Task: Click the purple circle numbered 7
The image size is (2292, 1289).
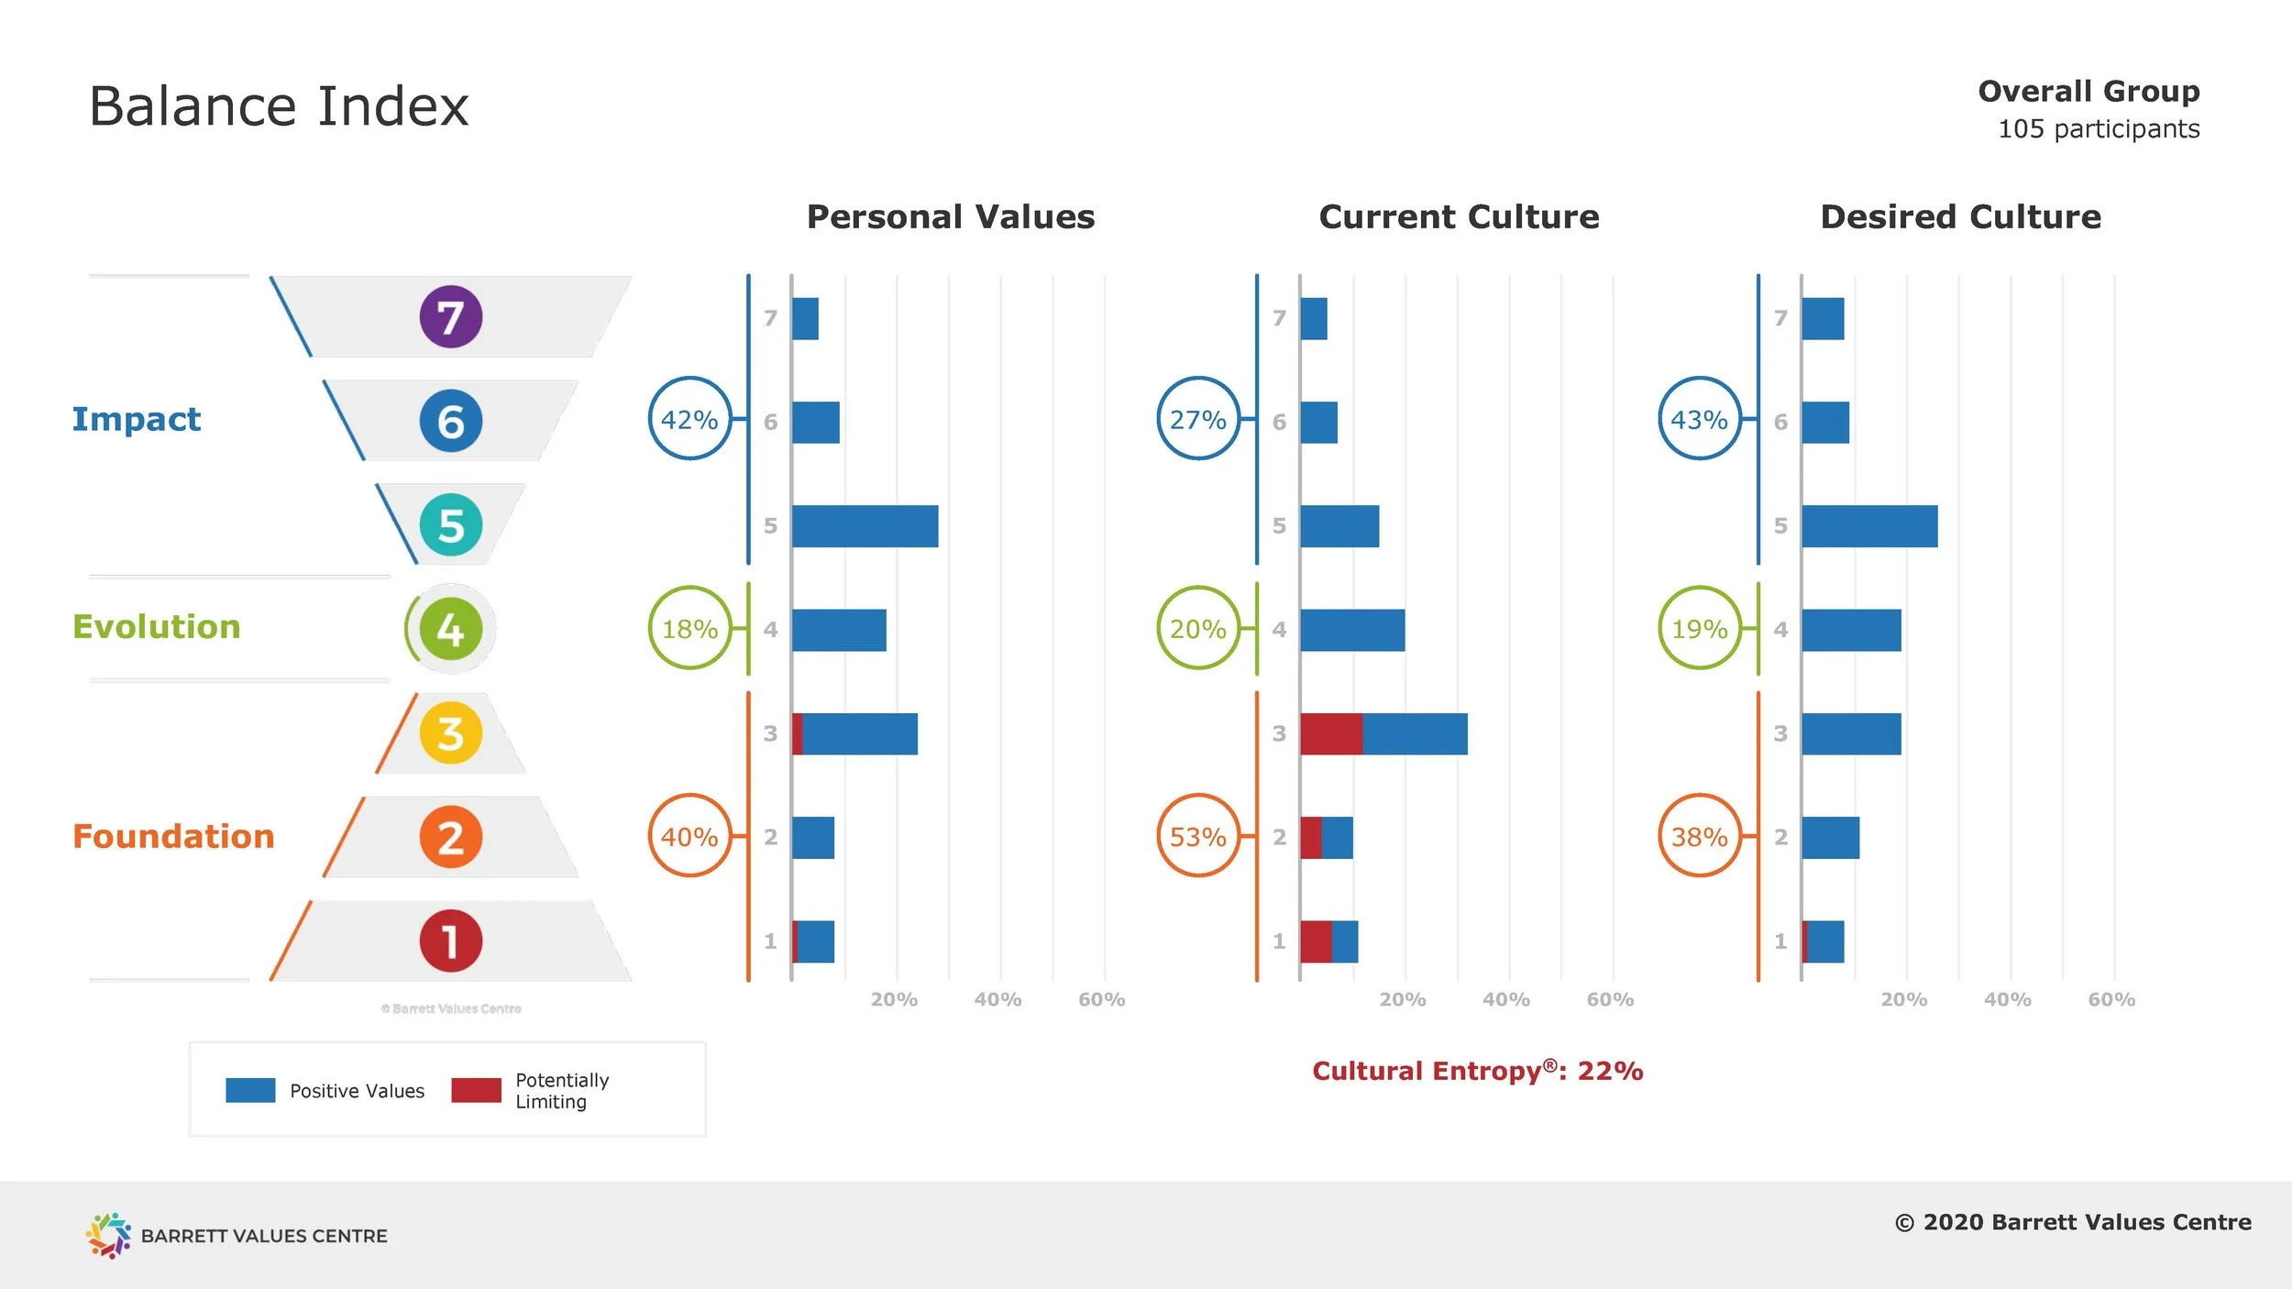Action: pos(450,317)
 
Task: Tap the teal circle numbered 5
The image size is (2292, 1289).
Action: pos(450,525)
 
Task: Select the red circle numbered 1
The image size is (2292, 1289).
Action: pos(450,941)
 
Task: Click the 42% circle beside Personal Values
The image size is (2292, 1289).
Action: pos(689,419)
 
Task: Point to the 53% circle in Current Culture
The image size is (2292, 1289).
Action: pos(1197,836)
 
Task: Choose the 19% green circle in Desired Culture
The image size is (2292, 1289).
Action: pos(1699,629)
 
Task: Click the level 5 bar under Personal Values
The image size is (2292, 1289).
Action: pos(865,526)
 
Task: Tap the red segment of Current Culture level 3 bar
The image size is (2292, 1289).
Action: pos(1330,733)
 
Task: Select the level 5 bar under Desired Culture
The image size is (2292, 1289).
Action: pos(1868,526)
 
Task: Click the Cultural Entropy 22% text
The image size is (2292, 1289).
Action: pos(1477,1071)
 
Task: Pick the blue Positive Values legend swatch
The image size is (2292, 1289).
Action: pos(250,1090)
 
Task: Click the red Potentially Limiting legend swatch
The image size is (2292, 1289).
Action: pos(476,1090)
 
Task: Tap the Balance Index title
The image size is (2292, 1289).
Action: pos(278,106)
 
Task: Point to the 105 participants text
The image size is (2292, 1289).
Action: pos(2098,129)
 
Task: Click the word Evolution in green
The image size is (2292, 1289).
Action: pos(157,627)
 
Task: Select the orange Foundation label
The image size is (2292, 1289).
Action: pos(173,836)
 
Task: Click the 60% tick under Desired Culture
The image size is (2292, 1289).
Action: pos(2110,999)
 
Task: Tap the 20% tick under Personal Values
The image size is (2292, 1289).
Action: pos(894,999)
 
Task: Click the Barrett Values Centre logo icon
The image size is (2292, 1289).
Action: pos(108,1235)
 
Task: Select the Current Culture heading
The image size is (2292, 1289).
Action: pos(1459,217)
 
